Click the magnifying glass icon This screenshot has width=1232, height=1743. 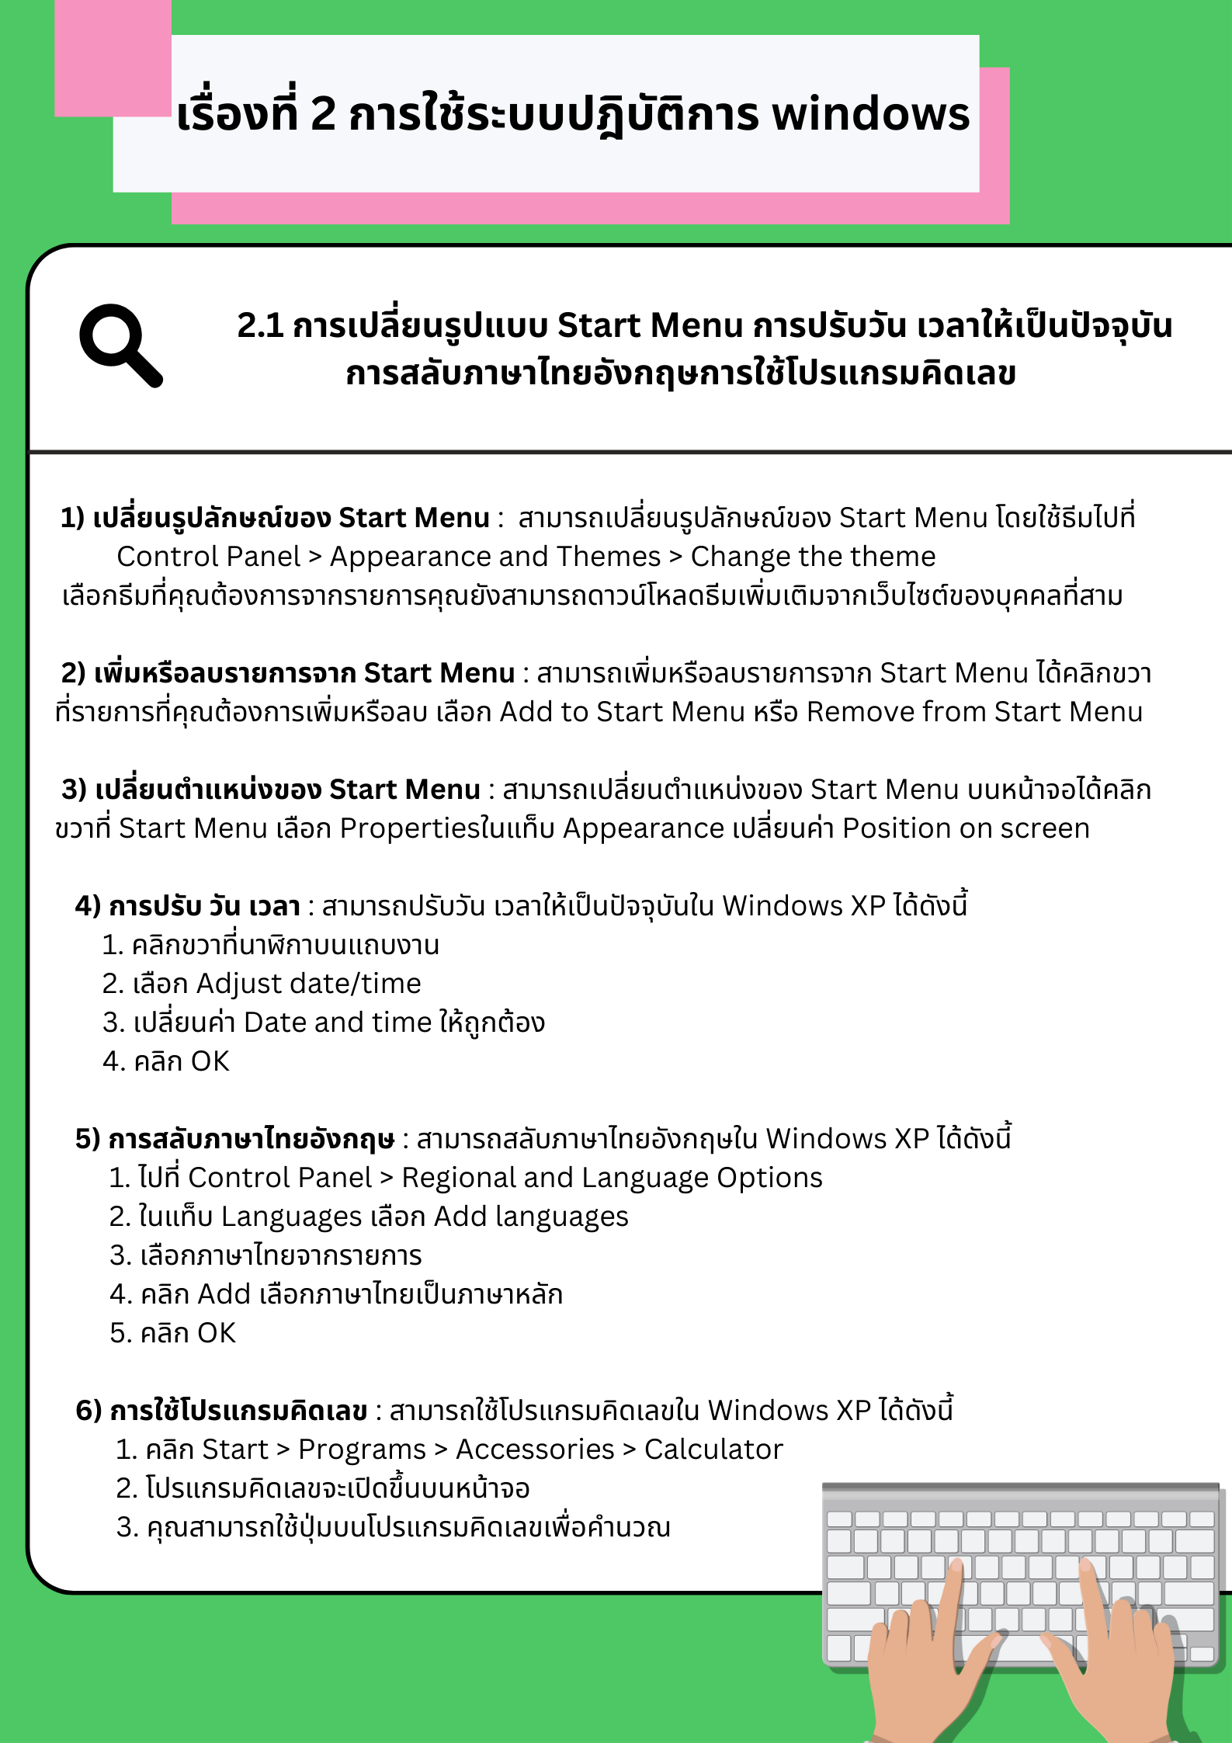pyautogui.click(x=120, y=345)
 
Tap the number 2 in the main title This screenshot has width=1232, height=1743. pyautogui.click(x=323, y=114)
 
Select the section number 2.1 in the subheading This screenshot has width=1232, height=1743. pyautogui.click(x=260, y=325)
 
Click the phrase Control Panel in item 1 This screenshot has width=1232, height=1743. pyautogui.click(x=208, y=557)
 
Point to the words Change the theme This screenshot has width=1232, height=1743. pyautogui.click(x=813, y=557)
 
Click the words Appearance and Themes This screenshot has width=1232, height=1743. pyautogui.click(x=495, y=557)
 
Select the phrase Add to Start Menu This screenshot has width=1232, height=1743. pyautogui.click(x=622, y=712)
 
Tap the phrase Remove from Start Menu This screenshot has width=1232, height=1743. pyautogui.click(x=974, y=712)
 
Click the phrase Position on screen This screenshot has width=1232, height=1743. pyautogui.click(x=966, y=828)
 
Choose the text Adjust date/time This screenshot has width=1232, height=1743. pyautogui.click(x=308, y=984)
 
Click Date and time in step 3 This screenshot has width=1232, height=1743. pyautogui.click(x=337, y=1023)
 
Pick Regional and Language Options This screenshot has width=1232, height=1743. pyautogui.click(x=612, y=1178)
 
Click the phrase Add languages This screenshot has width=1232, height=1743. pyautogui.click(x=531, y=1217)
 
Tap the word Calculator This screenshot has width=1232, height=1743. pyautogui.click(x=713, y=1450)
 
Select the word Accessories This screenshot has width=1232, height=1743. pyautogui.click(x=535, y=1450)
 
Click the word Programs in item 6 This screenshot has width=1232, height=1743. pyautogui.click(x=362, y=1450)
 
